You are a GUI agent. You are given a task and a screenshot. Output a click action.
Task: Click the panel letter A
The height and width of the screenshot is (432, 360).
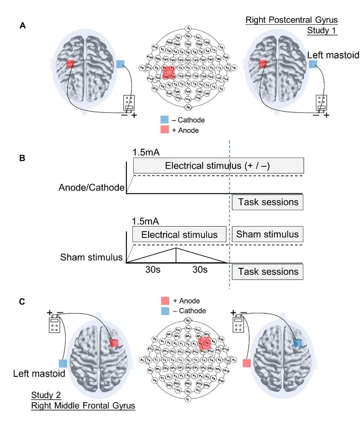(x=22, y=27)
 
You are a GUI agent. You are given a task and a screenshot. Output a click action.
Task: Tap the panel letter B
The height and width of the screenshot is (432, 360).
(x=22, y=159)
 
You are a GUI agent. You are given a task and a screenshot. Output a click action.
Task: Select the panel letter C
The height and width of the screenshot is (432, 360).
(x=22, y=302)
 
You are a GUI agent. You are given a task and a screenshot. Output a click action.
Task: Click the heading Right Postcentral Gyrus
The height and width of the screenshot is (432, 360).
(x=291, y=20)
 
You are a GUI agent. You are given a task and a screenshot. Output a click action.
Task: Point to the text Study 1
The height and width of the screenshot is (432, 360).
(x=322, y=31)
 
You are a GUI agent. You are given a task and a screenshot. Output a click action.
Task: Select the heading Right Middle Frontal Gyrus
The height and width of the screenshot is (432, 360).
(x=83, y=406)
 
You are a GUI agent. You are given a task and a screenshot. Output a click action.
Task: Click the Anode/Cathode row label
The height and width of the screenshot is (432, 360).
(x=91, y=187)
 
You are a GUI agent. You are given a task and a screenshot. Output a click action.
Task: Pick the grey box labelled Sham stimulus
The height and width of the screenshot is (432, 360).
(x=267, y=234)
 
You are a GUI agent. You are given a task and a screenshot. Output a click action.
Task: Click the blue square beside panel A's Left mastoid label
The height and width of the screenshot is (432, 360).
(x=313, y=64)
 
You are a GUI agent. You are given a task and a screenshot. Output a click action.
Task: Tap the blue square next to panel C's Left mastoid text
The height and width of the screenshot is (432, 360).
(x=63, y=363)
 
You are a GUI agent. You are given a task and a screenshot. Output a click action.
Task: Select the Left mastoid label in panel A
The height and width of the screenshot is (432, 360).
(x=333, y=56)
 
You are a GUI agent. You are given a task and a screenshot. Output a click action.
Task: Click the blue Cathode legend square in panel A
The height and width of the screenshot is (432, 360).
(x=165, y=120)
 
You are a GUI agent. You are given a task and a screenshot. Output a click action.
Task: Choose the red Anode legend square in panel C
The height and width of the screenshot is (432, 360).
(x=165, y=301)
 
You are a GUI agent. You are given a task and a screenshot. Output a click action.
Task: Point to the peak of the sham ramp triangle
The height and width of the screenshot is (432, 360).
(x=176, y=248)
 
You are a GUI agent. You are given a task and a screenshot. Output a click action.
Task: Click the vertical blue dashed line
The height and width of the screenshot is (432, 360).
(x=229, y=216)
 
